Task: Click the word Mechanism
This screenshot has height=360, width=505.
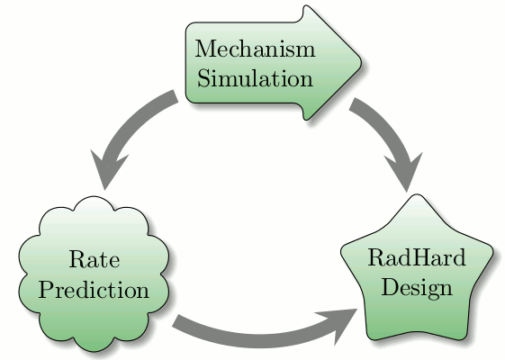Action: coord(255,49)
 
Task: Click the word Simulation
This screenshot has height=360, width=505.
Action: coord(255,78)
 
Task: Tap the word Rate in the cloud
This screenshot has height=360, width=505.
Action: coord(95,259)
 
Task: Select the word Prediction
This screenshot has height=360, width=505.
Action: coord(94,290)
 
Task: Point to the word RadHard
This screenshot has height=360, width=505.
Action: coord(417,257)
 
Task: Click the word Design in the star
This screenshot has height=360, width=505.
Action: coord(417,288)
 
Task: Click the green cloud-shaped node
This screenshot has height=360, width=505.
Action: coord(94,274)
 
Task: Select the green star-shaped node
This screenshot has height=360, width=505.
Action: coord(417,268)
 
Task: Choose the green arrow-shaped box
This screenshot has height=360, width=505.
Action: coord(274,63)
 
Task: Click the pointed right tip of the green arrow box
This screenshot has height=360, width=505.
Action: coord(361,62)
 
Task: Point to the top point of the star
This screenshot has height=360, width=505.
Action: coord(417,194)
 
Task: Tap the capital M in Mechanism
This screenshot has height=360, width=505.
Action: coord(205,49)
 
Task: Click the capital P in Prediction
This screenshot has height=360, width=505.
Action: coord(48,289)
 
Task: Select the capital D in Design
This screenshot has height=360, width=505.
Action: coord(391,286)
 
